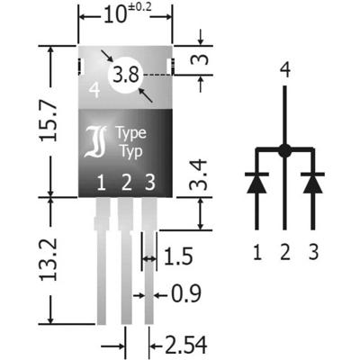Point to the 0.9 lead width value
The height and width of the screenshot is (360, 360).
click(184, 294)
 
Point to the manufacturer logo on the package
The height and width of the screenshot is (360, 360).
click(96, 142)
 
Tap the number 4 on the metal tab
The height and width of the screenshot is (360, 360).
click(94, 89)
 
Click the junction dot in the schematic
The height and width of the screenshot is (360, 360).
click(284, 150)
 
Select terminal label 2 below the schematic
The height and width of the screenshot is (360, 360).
click(285, 251)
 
